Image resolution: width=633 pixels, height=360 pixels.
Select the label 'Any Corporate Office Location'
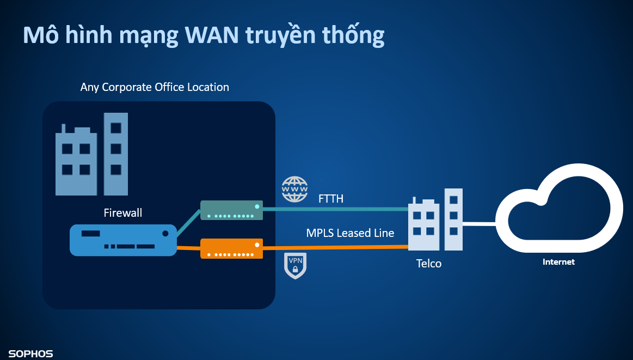155,87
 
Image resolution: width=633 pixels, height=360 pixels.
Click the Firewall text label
123,212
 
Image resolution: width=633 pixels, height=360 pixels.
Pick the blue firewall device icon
123,240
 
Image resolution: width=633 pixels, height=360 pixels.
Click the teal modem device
231,210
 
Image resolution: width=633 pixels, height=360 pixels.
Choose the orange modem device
231,249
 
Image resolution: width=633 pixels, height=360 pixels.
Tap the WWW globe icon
294,190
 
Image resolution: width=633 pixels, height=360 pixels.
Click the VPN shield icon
296,265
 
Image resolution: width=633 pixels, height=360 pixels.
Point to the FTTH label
331,199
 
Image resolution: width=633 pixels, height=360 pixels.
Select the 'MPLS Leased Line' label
350,233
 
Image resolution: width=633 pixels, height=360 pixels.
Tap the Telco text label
429,264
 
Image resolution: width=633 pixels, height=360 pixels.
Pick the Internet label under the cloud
558,262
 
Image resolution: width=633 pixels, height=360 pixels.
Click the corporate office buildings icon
91,155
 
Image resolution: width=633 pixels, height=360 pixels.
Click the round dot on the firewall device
165,233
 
